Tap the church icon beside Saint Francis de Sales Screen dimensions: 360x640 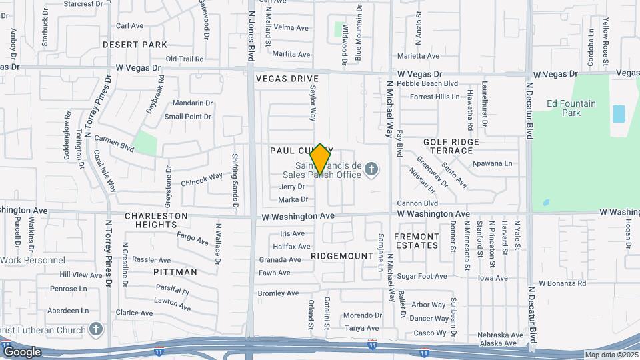coord(371,170)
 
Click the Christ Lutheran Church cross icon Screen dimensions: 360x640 coord(97,329)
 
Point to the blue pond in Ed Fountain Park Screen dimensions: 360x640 coord(619,114)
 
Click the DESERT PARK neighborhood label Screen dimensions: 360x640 coord(135,45)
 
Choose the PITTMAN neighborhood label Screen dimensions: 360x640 coord(175,272)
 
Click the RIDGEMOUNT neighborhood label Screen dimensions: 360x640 coord(342,256)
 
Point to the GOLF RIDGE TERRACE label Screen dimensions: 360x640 coord(451,147)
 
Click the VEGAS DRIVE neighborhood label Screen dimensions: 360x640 coord(287,79)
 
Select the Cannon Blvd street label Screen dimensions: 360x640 coord(417,203)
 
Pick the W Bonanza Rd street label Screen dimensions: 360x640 coord(563,283)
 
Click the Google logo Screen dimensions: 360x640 coord(22,352)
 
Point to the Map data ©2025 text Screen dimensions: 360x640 coord(611,355)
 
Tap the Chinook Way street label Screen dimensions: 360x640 coord(201,178)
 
